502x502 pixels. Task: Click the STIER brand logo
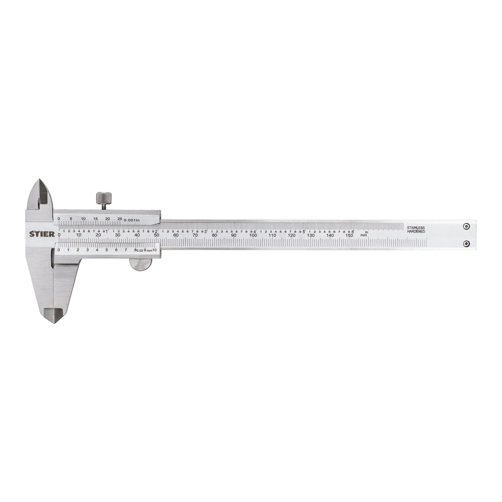tap(42, 234)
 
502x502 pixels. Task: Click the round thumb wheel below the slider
tap(141, 265)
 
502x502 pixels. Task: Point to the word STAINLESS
tap(416, 228)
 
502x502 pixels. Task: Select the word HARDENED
tap(416, 231)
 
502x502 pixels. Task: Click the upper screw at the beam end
tap(467, 226)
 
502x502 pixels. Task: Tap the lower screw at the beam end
tap(467, 244)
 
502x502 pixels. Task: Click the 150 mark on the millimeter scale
tap(349, 235)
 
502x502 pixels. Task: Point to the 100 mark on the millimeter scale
tap(253, 235)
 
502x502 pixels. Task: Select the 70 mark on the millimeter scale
tap(195, 235)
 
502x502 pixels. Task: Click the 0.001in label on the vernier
tap(132, 220)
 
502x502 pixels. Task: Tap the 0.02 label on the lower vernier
tap(140, 250)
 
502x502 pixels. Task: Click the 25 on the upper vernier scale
tap(119, 219)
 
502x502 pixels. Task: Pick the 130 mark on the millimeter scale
tap(311, 235)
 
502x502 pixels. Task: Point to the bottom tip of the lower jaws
tap(54, 323)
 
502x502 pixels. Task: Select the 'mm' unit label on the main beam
tap(363, 235)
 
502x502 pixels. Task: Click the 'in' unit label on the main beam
tap(367, 232)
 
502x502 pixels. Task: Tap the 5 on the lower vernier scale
tap(106, 250)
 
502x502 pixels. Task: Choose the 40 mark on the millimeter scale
tap(137, 235)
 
